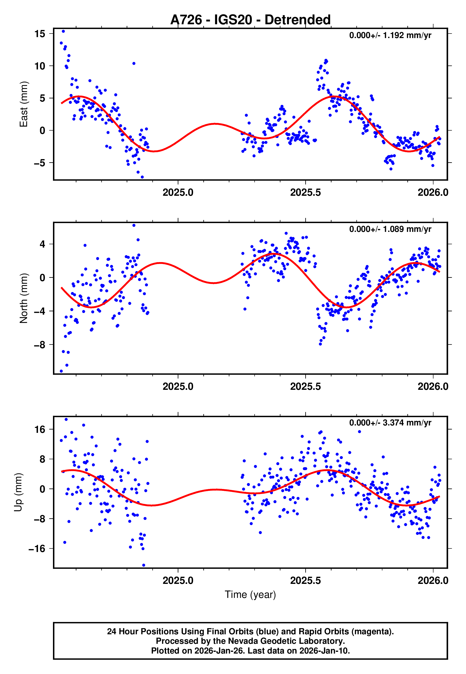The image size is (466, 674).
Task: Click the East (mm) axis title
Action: pyautogui.click(x=24, y=104)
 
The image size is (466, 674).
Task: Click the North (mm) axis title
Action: pyautogui.click(x=24, y=298)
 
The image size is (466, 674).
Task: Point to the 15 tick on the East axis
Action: pyautogui.click(x=40, y=34)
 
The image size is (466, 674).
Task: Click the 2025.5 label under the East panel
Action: pyautogui.click(x=305, y=192)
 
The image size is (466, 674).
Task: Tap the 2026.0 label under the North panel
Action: pyautogui.click(x=433, y=386)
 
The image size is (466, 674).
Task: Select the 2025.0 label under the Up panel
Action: pyautogui.click(x=178, y=580)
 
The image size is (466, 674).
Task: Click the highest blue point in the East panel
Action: pyautogui.click(x=63, y=31)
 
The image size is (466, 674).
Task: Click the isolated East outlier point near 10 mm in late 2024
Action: pyautogui.click(x=134, y=63)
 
